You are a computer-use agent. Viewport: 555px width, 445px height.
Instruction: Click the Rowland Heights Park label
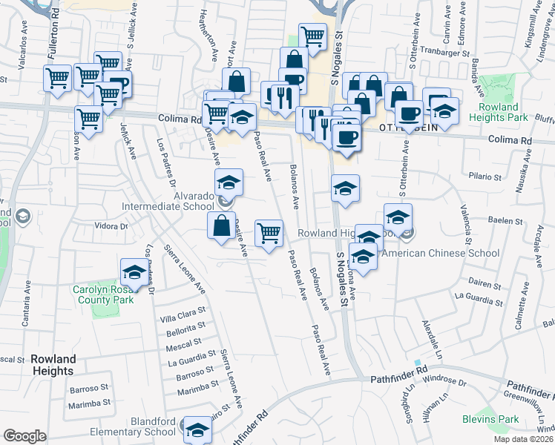click(x=498, y=112)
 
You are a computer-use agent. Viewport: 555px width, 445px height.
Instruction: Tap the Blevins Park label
click(x=498, y=419)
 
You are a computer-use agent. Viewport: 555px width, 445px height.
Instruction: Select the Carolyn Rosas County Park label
click(x=103, y=294)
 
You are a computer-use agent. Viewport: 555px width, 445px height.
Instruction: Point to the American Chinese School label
click(x=444, y=253)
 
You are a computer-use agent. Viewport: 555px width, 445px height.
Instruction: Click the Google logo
click(x=25, y=436)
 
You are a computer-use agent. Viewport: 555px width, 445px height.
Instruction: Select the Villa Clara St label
click(x=183, y=314)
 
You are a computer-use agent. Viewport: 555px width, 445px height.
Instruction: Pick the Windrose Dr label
click(x=444, y=383)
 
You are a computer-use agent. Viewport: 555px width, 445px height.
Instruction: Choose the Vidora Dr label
click(x=112, y=225)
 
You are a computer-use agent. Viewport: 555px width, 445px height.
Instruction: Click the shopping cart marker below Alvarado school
click(x=269, y=232)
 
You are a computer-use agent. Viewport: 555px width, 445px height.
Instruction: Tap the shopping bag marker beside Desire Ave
click(x=222, y=226)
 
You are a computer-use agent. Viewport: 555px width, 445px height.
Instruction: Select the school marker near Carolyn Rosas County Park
click(x=134, y=272)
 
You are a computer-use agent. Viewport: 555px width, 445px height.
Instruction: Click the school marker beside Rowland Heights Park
click(x=445, y=112)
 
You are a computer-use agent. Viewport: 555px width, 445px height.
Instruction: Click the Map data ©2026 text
click(x=523, y=439)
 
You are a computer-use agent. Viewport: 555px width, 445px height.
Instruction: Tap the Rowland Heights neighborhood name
click(x=53, y=365)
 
